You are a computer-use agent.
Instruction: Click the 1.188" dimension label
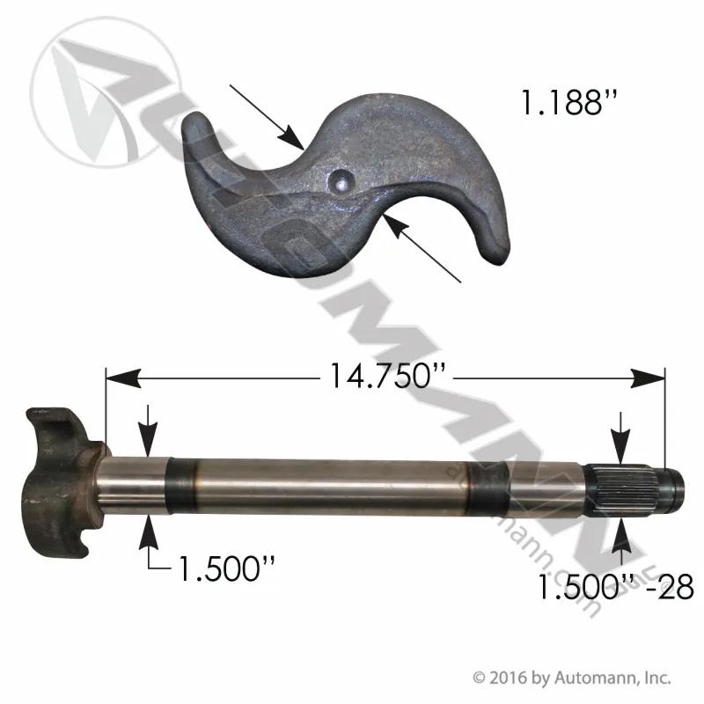click(569, 102)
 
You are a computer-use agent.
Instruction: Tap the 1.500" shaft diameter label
click(227, 568)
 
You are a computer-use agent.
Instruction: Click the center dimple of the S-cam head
click(341, 182)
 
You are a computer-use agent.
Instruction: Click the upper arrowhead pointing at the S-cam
click(292, 136)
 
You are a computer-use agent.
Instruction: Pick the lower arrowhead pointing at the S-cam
click(397, 229)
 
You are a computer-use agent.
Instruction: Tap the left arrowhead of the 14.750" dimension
click(122, 378)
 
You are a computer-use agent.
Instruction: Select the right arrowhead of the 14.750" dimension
click(648, 378)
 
